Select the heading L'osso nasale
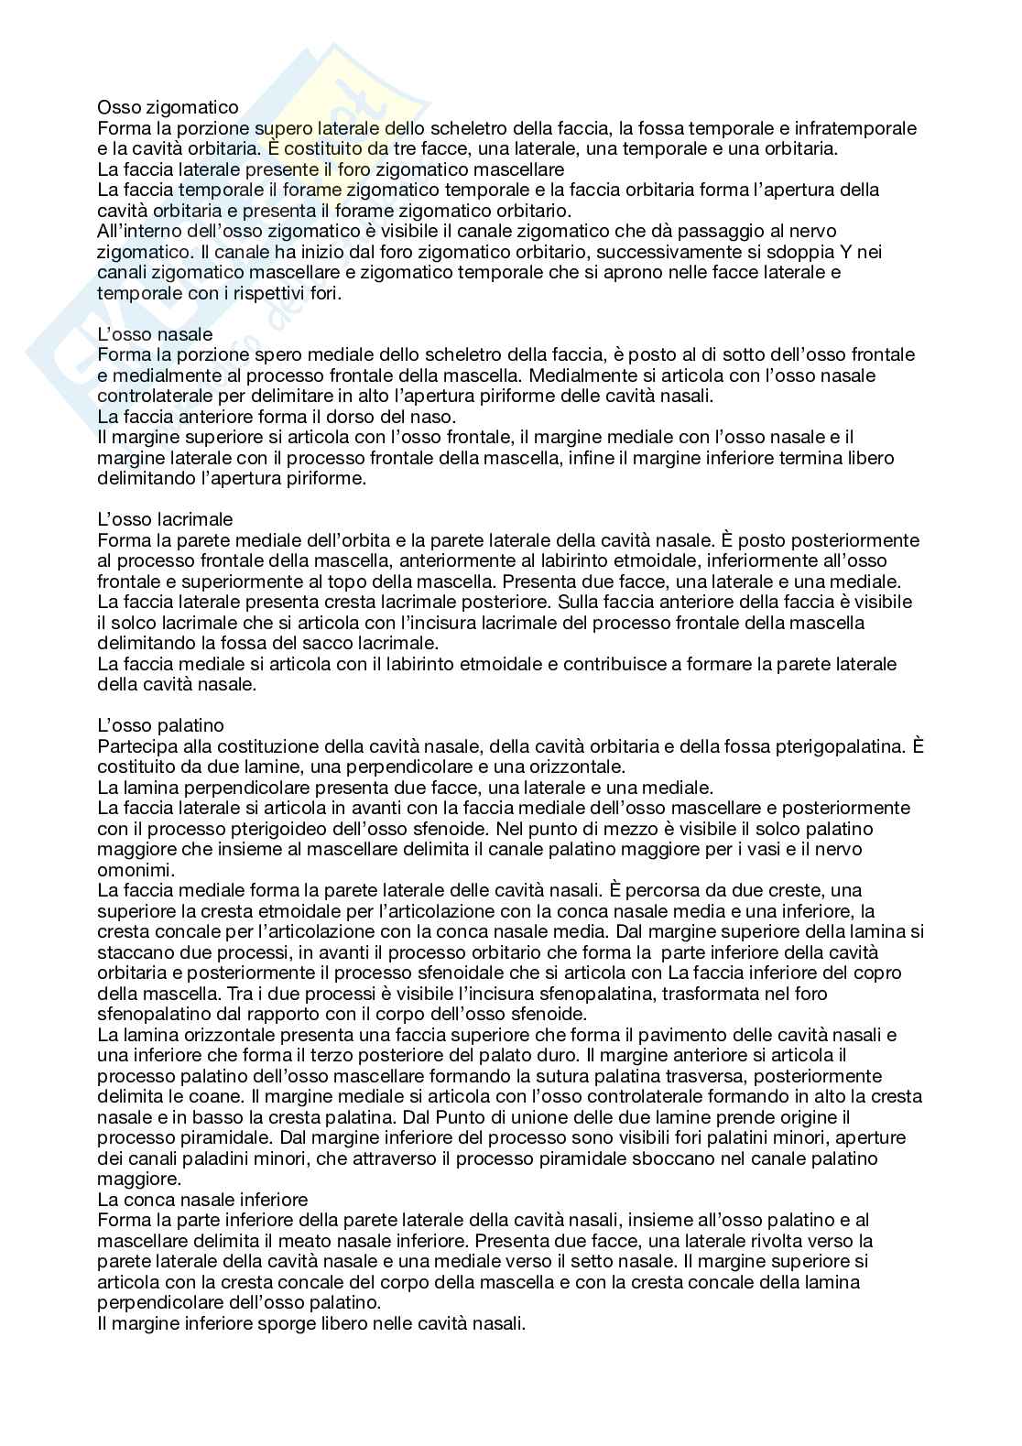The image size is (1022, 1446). [155, 334]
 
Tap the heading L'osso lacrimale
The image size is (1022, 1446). [165, 520]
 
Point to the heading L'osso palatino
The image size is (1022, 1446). [160, 726]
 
